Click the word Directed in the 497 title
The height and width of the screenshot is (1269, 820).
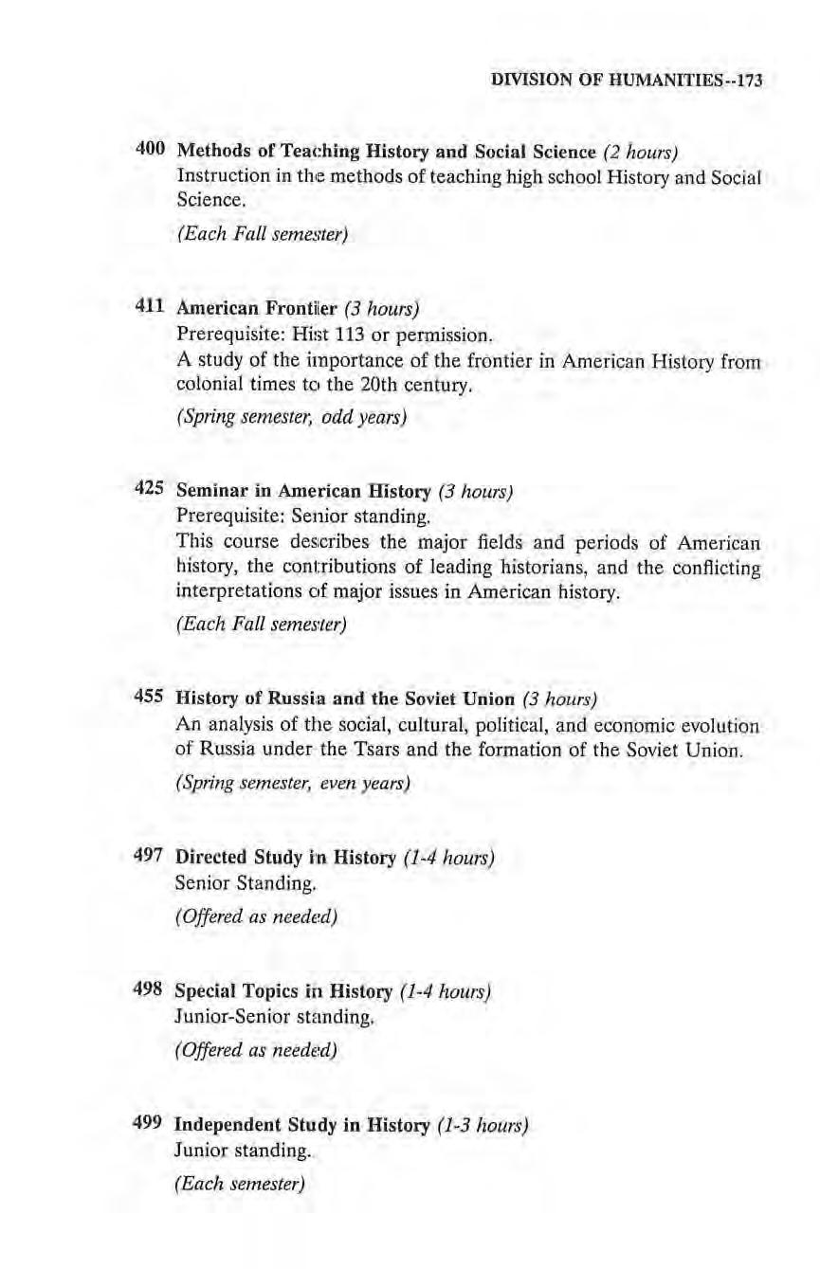[x=210, y=859]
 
